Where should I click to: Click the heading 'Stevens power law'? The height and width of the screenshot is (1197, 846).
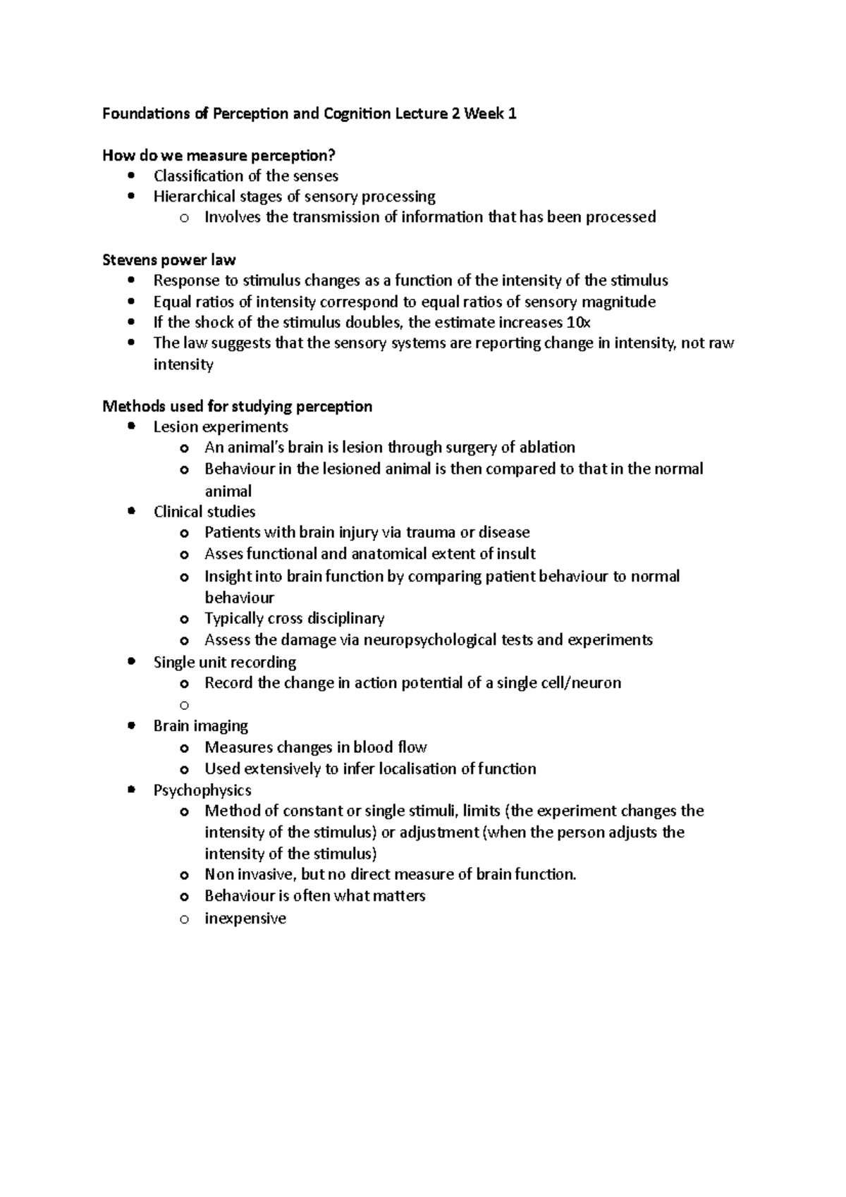[168, 259]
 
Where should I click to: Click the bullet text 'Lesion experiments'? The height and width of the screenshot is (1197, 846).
[221, 426]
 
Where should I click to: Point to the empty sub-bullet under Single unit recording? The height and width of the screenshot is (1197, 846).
[184, 704]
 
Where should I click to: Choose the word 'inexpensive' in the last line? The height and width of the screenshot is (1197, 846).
[245, 918]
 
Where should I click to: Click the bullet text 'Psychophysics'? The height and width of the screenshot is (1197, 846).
[202, 790]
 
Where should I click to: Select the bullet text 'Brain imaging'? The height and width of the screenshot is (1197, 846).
[201, 725]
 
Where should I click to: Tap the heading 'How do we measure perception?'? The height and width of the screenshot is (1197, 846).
[219, 155]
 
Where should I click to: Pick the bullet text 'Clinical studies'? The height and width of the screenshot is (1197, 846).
[204, 511]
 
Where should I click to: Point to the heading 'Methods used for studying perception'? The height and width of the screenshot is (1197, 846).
[237, 406]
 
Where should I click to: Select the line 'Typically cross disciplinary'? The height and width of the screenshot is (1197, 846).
[294, 618]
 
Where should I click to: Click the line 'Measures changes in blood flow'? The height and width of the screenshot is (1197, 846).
[316, 747]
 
